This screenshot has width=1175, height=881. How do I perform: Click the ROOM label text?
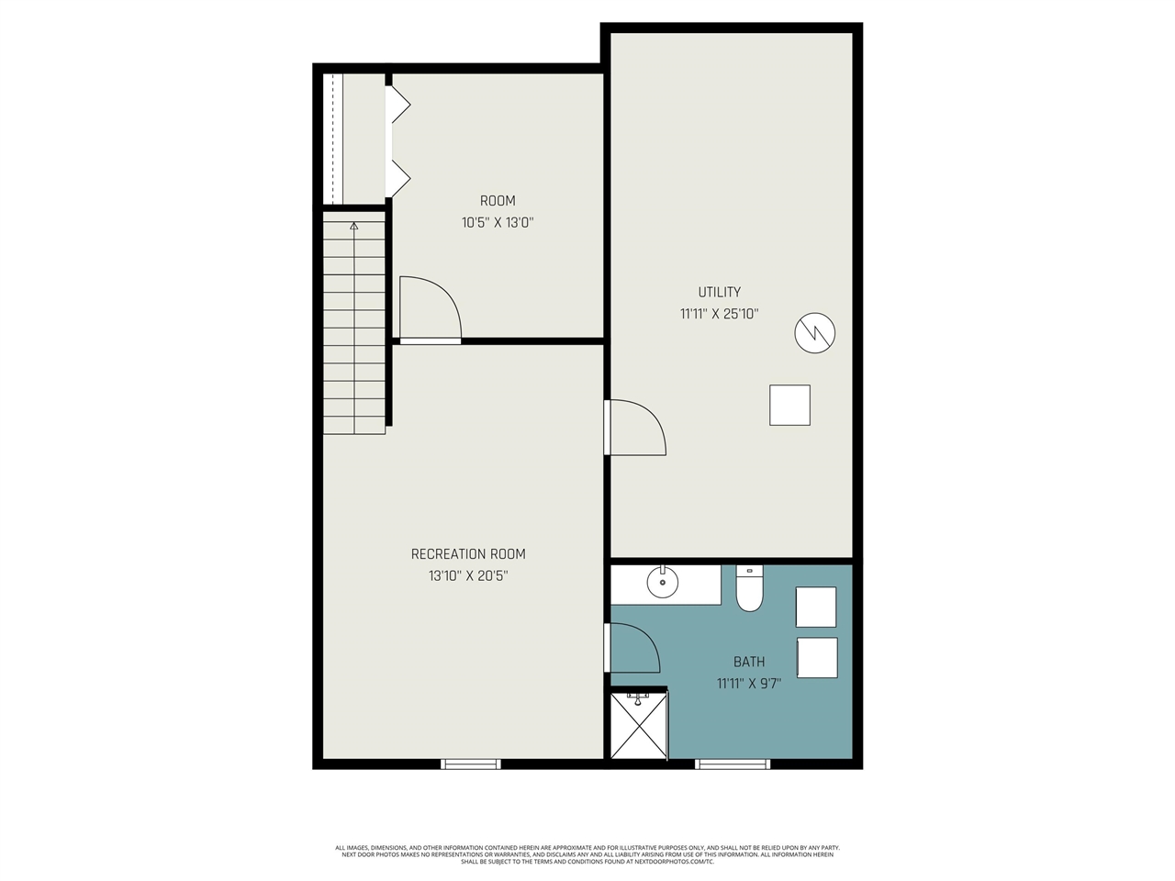pos(498,201)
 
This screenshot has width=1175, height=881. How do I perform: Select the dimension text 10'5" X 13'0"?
pos(498,222)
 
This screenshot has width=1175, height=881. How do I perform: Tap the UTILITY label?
pos(719,292)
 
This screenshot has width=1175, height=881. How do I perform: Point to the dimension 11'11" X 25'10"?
pos(719,314)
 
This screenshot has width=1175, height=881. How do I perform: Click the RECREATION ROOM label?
pos(468,554)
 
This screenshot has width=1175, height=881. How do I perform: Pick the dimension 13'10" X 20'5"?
pos(468,576)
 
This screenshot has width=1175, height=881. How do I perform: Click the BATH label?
pos(749,662)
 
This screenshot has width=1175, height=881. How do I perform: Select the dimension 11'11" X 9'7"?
pos(749,684)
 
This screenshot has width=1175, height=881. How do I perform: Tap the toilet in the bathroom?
pos(750,590)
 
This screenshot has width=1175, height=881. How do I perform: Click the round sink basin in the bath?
pos(663,582)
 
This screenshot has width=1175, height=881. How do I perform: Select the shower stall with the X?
pos(639,726)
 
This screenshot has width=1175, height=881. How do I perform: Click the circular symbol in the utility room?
pos(815,333)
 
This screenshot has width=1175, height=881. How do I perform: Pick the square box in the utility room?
pos(789,405)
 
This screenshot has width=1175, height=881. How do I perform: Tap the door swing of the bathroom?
pos(633,647)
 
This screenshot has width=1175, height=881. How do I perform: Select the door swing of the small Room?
pos(430,307)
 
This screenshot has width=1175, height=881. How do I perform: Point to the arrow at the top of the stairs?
pos(354,225)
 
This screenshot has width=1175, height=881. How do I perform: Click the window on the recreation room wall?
pos(471,764)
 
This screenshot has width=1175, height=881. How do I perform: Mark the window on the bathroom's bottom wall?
pos(733,764)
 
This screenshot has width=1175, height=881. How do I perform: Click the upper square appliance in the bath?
pos(816,607)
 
